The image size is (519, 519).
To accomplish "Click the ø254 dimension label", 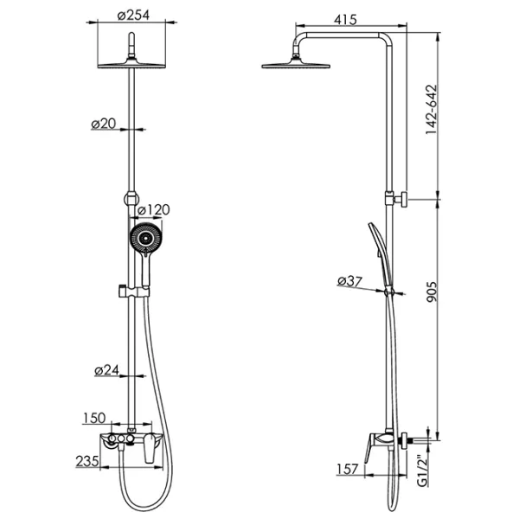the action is pos(133,15).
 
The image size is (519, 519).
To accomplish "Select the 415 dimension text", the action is pos(345,20).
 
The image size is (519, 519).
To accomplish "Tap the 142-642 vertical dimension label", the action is pos(432,110).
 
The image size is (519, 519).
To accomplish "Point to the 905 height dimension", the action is pos(432,292).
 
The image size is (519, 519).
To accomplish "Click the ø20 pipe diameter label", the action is pos(104,124).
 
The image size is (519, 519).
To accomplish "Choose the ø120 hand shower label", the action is pos(154,210).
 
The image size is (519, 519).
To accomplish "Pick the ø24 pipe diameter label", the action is pos(106,370).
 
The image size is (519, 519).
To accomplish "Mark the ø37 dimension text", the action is pos(349,281).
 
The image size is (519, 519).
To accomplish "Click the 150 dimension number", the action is pos(94,418).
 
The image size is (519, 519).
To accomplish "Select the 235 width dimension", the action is pos(87,461).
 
